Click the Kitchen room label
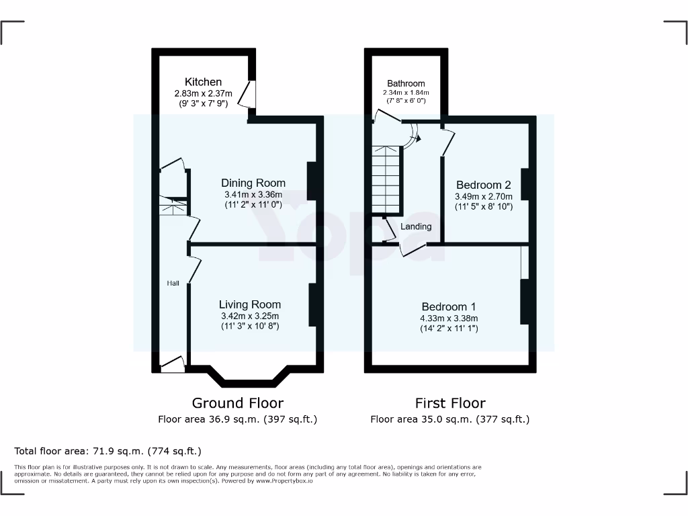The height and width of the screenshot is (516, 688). click(203, 82)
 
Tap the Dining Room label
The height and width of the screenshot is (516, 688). click(253, 183)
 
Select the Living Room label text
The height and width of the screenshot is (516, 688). click(250, 304)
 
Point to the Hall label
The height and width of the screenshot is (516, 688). click(173, 284)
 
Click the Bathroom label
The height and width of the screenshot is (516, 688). click(406, 83)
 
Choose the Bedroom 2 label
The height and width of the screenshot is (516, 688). click(484, 185)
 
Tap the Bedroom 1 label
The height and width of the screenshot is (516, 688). click(449, 306)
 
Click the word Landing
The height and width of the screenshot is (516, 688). click(416, 226)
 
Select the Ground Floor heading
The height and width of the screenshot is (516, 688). click(237, 403)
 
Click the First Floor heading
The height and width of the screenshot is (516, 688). click(449, 403)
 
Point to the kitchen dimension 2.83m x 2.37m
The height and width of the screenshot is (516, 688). click(203, 93)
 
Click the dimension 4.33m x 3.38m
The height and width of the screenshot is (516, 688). click(449, 318)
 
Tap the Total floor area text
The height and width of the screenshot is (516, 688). click(107, 451)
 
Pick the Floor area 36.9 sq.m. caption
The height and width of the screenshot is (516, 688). click(237, 419)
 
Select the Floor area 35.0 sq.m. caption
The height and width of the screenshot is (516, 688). click(449, 419)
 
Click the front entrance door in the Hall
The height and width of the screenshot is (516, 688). click(173, 365)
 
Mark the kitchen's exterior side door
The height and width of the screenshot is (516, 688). click(249, 94)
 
